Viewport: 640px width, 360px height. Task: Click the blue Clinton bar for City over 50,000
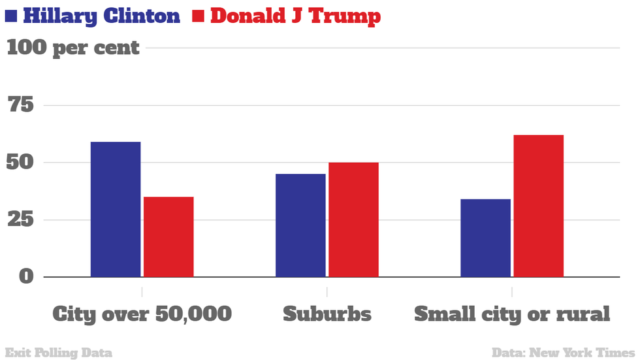coord(116,209)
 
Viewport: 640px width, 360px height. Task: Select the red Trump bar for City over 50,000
coord(168,237)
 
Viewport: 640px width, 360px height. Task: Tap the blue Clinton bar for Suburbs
coord(300,225)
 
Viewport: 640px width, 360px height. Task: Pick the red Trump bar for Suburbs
coord(353,220)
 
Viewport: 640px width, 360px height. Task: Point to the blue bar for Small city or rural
coord(485,238)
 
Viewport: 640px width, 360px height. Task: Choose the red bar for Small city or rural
coord(539,206)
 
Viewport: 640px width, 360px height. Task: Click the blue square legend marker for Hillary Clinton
coord(10,16)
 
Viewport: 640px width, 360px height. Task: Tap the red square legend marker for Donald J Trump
coord(199,16)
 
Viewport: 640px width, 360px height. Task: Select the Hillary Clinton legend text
coord(101,16)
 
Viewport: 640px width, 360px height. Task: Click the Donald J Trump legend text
coord(295,16)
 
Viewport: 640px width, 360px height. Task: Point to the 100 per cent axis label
coord(73,48)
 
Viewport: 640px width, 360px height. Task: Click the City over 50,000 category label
coord(142,314)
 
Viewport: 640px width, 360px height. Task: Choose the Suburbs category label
coord(327,314)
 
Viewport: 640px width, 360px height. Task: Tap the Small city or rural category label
coord(512,314)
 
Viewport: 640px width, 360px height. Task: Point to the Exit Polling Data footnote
coord(58,353)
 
